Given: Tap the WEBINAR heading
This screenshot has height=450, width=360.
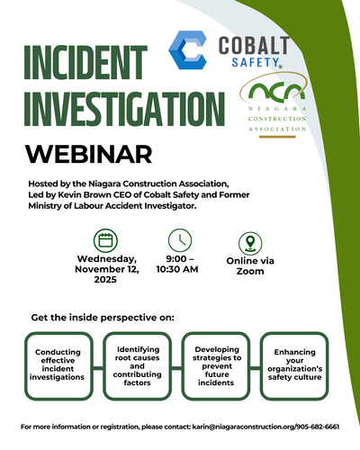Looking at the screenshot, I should click(82, 155).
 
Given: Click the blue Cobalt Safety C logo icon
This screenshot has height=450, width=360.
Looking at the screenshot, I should click(188, 51).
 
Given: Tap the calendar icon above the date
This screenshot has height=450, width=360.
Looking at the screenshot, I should click(105, 241).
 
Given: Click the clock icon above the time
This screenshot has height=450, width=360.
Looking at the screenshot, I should click(180, 241).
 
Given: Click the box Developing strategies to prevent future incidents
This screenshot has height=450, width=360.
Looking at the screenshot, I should click(217, 364).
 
